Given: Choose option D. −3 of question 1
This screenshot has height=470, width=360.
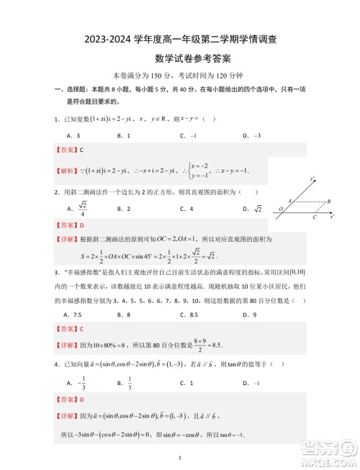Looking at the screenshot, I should (251, 135).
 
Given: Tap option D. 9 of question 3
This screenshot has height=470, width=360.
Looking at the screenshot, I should (249, 315).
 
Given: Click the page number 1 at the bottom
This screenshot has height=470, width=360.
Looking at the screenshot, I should (179, 458).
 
